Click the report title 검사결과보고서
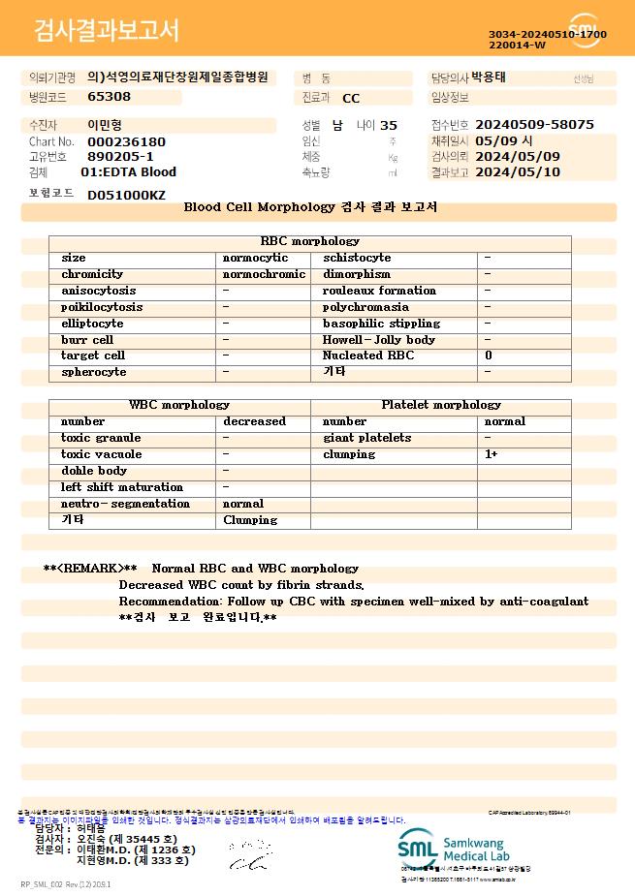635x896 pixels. (107, 30)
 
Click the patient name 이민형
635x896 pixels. (106, 125)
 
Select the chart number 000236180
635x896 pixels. (126, 141)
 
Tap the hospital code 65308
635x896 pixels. (109, 97)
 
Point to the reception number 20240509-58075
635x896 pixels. (534, 125)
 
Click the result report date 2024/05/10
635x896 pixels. (518, 172)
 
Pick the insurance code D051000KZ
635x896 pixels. (126, 195)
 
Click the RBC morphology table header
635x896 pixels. (310, 241)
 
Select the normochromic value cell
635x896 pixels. (264, 274)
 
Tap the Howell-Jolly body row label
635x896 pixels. (379, 340)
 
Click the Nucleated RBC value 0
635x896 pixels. (489, 355)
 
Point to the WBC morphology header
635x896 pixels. (179, 405)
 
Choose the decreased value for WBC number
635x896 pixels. (254, 421)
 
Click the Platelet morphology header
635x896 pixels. (441, 405)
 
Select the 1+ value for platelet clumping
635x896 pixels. (492, 454)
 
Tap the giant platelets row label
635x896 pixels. (366, 438)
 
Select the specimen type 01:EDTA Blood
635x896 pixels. (128, 172)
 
